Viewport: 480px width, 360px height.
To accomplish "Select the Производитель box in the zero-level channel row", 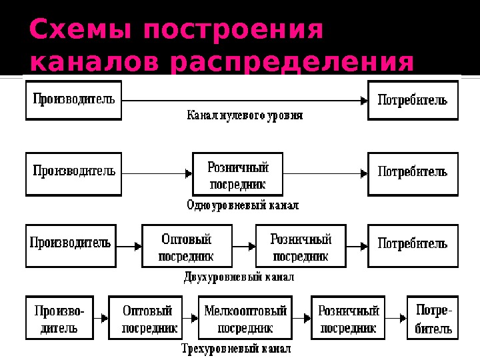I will coord(74,100).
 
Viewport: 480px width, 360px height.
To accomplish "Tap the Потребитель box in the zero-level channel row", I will coord(413,100).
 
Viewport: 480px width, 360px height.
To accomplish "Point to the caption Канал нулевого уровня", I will coord(244,115).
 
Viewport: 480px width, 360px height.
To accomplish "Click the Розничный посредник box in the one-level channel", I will coord(237,173).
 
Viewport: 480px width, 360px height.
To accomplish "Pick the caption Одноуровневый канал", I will coord(243,205).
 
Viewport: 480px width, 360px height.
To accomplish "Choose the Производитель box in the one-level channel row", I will coord(74,173).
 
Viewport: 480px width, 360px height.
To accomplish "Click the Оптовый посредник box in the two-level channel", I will coord(187,245).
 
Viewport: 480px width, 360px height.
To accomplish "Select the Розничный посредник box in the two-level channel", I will coord(301,245).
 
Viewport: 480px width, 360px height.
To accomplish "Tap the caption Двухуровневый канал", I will coord(239,275).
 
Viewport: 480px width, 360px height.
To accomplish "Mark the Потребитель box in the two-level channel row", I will coord(413,245).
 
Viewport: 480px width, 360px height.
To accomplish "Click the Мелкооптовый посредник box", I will coord(245,319).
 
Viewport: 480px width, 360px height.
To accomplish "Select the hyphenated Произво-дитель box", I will coord(59,319).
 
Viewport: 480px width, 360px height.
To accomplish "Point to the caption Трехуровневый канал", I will coord(237,348).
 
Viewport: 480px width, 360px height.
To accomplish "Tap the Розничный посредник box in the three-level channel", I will coord(349,319).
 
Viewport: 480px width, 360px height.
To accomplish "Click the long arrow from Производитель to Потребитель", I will coord(244,101).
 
